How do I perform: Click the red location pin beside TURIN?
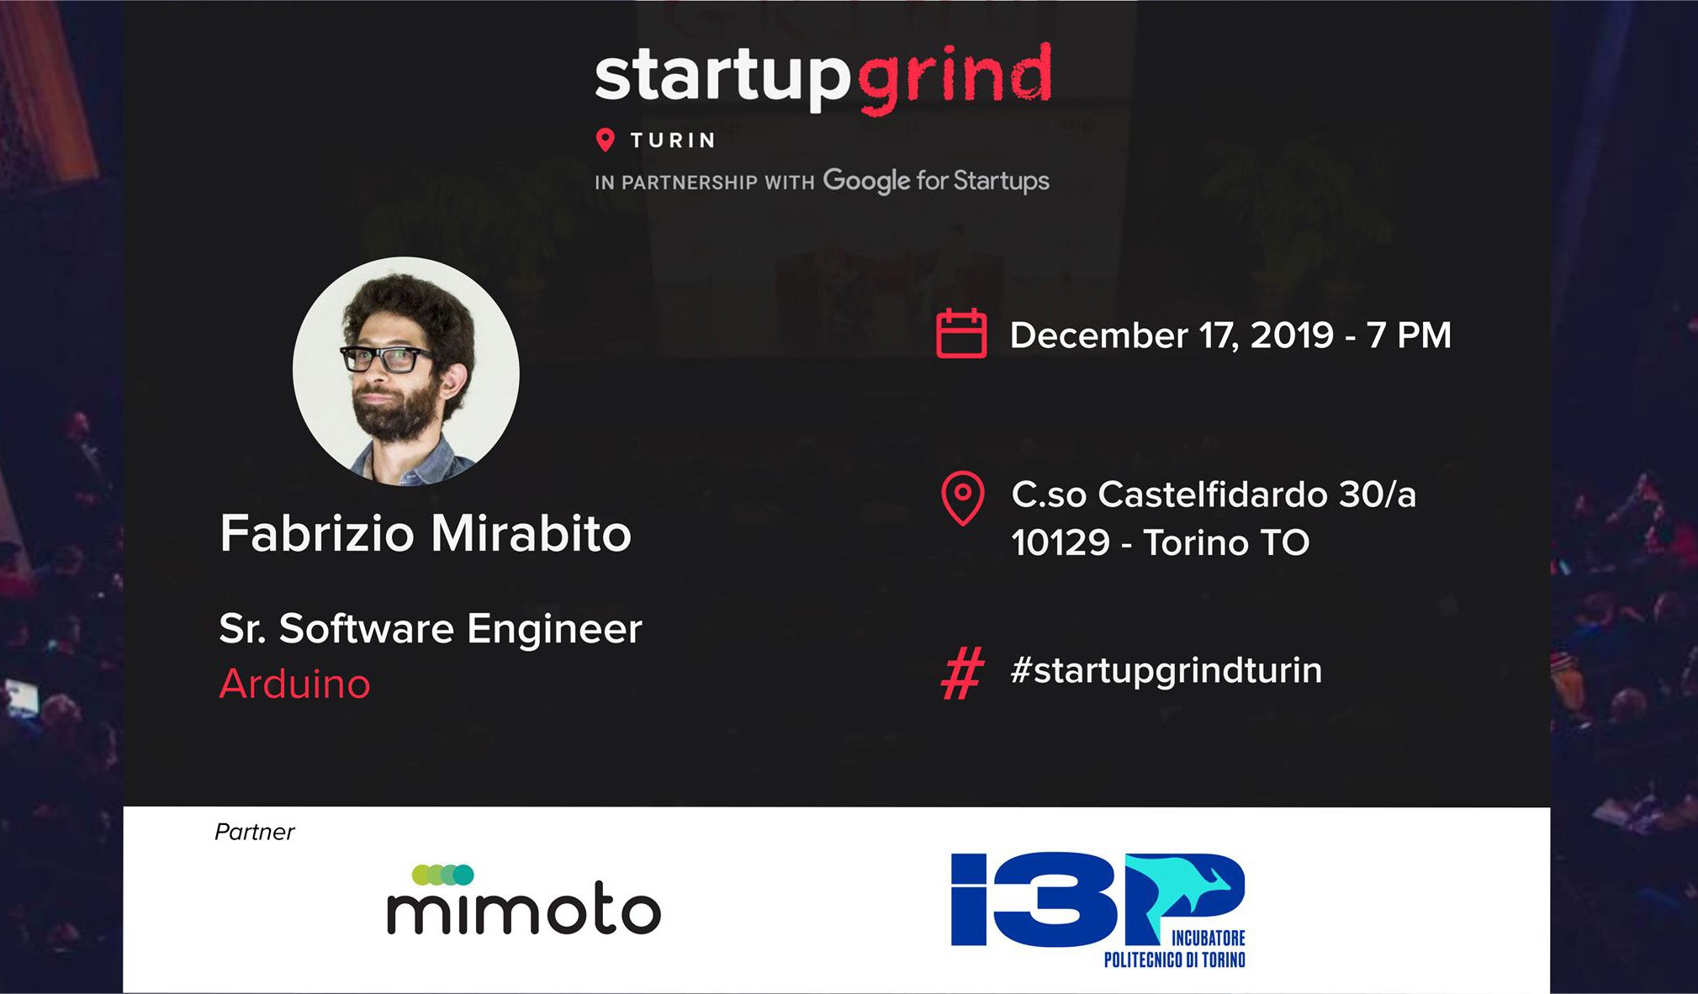pos(605,140)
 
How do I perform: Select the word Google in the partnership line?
pos(866,181)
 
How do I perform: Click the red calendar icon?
pos(961,334)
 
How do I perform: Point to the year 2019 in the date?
pos(1292,335)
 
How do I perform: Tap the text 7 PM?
pos(1409,335)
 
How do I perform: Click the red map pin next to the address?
pos(963,499)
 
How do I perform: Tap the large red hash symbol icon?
pos(962,673)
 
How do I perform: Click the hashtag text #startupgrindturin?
pos(1166,671)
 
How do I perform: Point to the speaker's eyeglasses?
pos(389,358)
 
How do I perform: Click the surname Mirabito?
pos(531,533)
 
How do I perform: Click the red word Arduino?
pos(294,684)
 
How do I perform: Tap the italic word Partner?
pos(254,832)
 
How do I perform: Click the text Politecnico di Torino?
pos(1174,959)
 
